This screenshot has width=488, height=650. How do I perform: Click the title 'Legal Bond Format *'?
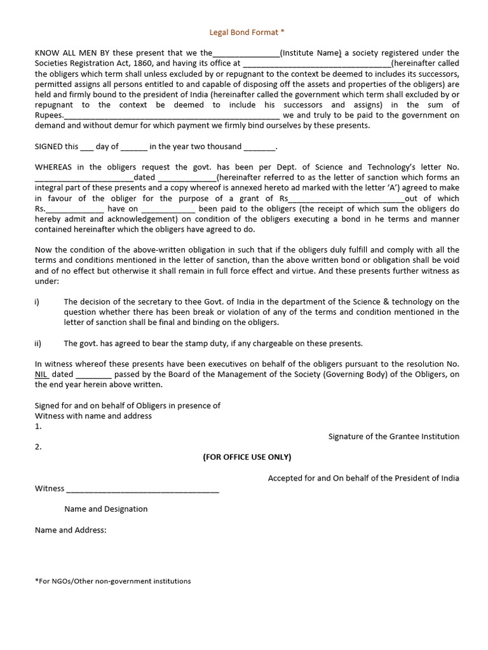click(x=243, y=32)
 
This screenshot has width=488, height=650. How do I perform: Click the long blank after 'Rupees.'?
click(x=172, y=116)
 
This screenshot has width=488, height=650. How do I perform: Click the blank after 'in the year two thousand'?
click(x=259, y=147)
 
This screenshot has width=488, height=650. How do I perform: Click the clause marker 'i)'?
click(x=37, y=302)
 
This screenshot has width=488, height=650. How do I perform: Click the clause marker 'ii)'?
click(x=38, y=343)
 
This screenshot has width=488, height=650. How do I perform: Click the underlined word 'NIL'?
click(x=41, y=375)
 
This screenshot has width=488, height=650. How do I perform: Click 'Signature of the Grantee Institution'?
click(x=393, y=437)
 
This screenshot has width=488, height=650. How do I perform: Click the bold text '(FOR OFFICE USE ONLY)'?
click(x=247, y=457)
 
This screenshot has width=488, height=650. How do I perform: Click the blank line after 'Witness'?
click(x=142, y=489)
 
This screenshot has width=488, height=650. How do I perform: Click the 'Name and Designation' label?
click(x=105, y=509)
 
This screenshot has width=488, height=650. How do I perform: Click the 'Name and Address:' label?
click(x=71, y=530)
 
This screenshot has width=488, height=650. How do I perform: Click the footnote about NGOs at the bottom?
click(x=112, y=581)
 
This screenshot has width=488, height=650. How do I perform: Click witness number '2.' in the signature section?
click(x=38, y=447)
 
